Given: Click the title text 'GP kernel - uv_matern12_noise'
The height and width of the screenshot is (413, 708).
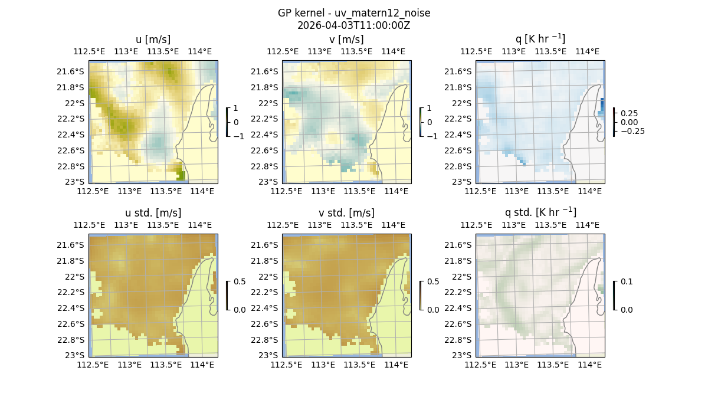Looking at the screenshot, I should (354, 13).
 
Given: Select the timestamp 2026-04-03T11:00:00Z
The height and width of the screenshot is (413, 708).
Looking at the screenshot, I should (354, 25).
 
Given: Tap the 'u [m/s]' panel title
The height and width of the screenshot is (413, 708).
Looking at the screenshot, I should (153, 40).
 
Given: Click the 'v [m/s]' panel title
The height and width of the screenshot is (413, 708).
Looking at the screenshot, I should (346, 40).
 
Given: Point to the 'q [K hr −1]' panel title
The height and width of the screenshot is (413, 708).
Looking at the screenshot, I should (540, 40).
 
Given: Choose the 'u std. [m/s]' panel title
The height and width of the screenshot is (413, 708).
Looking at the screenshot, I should (153, 213).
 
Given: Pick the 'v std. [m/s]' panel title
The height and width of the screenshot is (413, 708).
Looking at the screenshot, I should (346, 213).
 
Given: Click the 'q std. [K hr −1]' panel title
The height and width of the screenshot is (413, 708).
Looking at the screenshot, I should (540, 213).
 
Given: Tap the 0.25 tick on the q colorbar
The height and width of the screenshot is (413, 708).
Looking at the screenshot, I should (628, 113).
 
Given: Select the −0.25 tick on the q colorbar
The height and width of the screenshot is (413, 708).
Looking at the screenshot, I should (631, 131).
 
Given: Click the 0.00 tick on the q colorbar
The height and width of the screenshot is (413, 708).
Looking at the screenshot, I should (628, 122).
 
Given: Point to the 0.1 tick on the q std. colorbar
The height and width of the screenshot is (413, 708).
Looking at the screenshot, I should (625, 282).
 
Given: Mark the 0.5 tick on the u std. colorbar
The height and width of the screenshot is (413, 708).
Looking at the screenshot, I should (240, 282).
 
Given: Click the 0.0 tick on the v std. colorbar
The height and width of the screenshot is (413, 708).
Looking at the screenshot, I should (433, 310).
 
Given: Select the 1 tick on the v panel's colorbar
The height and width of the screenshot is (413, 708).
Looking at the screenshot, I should (430, 109).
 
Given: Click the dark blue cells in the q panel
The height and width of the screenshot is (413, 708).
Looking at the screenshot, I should (602, 105).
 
